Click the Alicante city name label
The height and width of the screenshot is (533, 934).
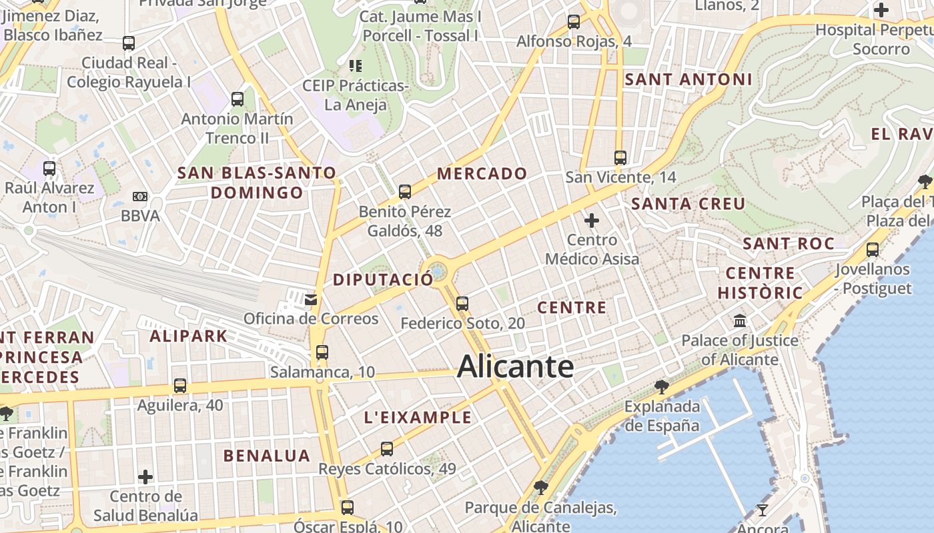tap(515, 366)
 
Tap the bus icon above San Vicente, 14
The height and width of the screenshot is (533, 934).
tap(620, 158)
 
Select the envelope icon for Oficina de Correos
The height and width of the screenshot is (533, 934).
tap(311, 299)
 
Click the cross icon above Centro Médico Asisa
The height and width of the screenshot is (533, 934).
tap(592, 220)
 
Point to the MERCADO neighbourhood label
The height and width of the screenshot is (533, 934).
tap(482, 174)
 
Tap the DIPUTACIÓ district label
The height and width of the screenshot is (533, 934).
tap(383, 280)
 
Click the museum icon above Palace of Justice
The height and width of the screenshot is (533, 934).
tap(740, 321)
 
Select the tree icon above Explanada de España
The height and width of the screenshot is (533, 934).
tap(661, 386)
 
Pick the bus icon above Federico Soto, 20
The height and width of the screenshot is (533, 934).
tap(462, 304)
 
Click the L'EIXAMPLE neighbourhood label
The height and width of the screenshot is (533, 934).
tap(418, 418)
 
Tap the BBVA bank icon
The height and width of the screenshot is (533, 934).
tap(139, 197)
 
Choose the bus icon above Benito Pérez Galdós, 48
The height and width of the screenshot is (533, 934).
tap(404, 192)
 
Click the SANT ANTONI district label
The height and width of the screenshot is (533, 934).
tap(688, 79)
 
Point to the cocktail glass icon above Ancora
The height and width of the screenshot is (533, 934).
tap(763, 510)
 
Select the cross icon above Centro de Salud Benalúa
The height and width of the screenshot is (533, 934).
tap(145, 477)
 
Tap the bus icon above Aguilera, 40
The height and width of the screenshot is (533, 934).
tap(179, 385)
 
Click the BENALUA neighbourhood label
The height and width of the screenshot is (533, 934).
tap(267, 456)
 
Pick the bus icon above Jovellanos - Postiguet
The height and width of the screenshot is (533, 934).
tap(873, 250)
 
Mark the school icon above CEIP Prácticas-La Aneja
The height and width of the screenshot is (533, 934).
tap(356, 66)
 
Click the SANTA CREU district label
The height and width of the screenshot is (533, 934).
tap(688, 204)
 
